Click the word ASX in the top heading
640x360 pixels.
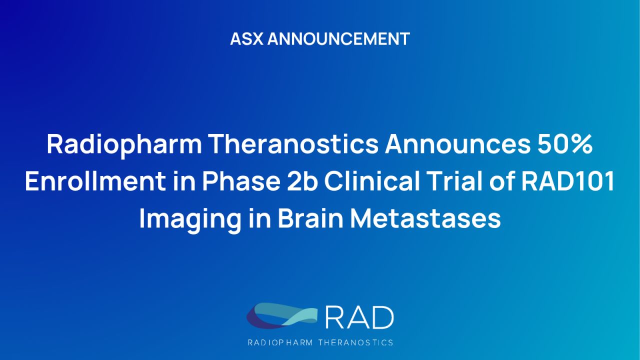click(x=246, y=39)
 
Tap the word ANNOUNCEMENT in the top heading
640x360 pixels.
click(x=338, y=39)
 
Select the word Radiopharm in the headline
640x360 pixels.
click(x=124, y=145)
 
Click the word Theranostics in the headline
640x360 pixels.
click(x=293, y=145)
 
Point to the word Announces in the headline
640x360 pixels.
click(x=454, y=145)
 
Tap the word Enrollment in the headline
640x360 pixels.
click(x=95, y=182)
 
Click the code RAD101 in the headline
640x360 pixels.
click(x=567, y=182)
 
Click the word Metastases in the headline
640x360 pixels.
click(x=425, y=219)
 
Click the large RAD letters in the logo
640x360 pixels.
click(x=359, y=317)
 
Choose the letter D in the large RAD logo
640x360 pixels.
click(x=382, y=317)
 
